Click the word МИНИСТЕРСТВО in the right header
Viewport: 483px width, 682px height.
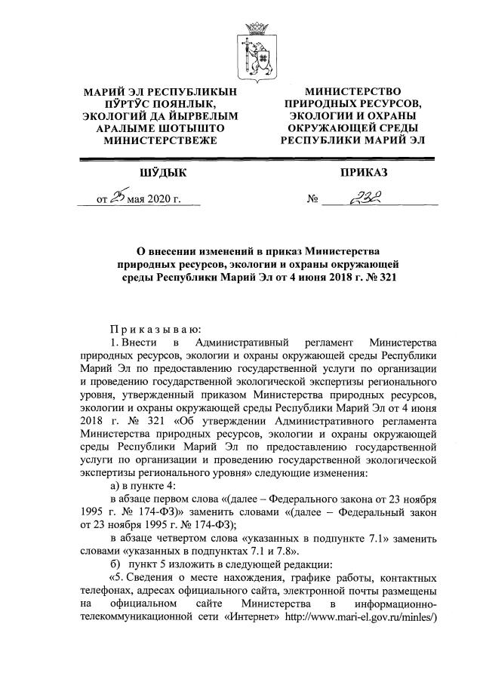coord(354,91)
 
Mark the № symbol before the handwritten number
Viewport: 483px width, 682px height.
coord(312,201)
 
